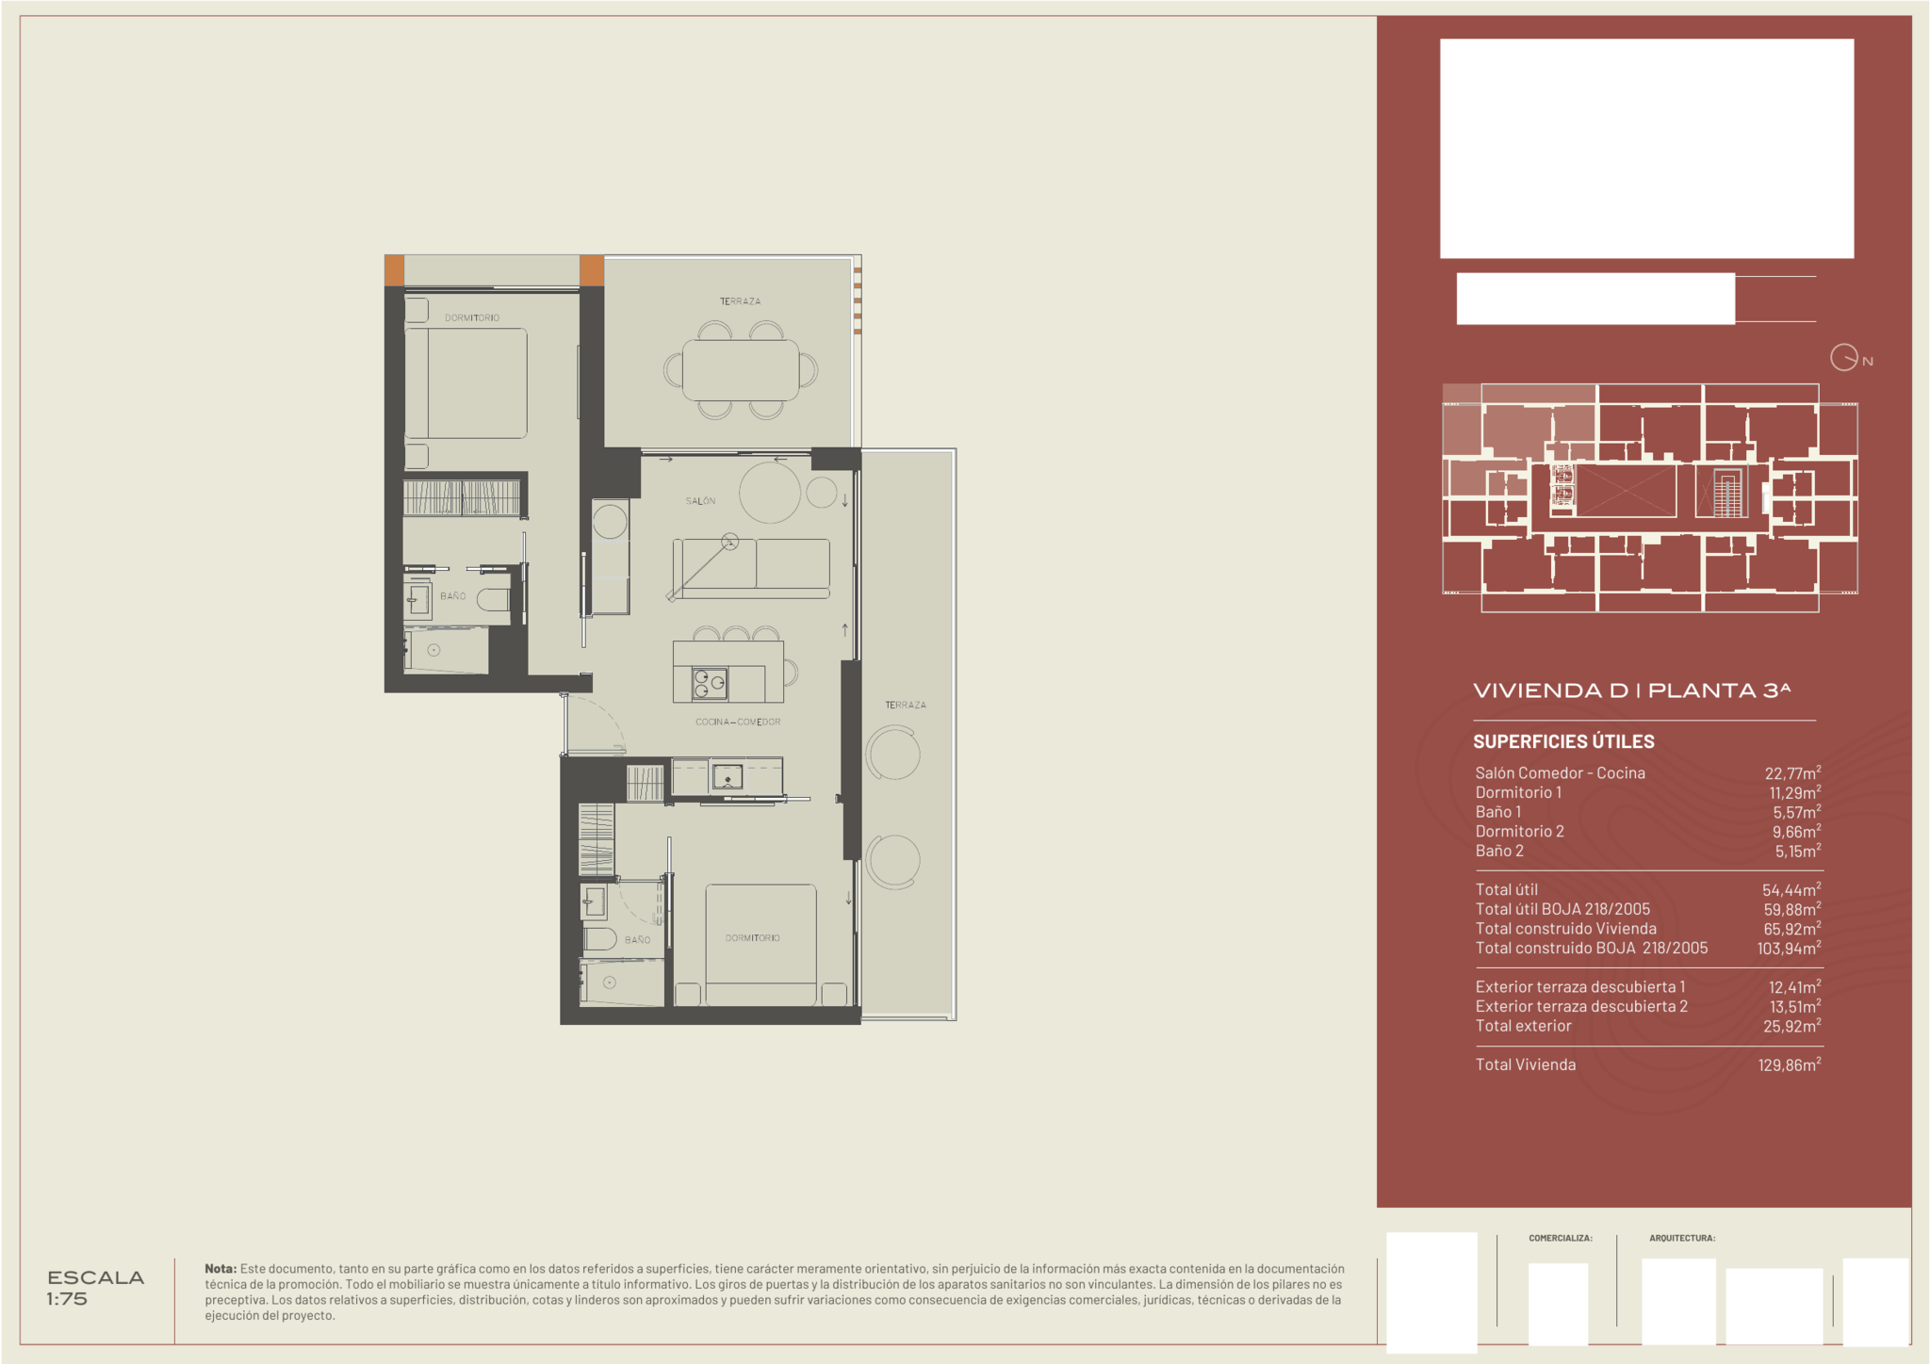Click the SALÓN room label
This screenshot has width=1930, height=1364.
click(700, 501)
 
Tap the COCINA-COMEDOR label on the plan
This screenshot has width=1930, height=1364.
click(738, 723)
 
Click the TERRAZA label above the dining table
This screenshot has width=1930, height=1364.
click(740, 301)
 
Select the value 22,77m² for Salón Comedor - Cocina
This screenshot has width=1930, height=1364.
click(1792, 772)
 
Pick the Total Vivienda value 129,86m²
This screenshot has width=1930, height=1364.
click(1790, 1064)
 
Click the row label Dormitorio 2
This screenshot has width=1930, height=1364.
click(1519, 831)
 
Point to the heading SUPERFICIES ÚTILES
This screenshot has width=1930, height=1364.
click(1563, 741)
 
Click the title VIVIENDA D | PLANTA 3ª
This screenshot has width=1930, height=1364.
click(1631, 690)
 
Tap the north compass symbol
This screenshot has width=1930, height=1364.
click(1844, 358)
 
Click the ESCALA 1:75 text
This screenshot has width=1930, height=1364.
click(95, 1288)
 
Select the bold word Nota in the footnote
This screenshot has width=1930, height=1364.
click(221, 1269)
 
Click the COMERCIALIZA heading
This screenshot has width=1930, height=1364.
click(1561, 1238)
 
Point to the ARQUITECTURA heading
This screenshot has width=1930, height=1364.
click(1682, 1238)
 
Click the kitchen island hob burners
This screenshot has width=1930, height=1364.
click(710, 683)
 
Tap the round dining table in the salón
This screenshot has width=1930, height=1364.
click(770, 492)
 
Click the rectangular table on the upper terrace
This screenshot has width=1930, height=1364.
click(741, 370)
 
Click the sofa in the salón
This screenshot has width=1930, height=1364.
click(751, 568)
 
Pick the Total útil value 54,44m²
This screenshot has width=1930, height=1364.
click(1791, 889)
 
